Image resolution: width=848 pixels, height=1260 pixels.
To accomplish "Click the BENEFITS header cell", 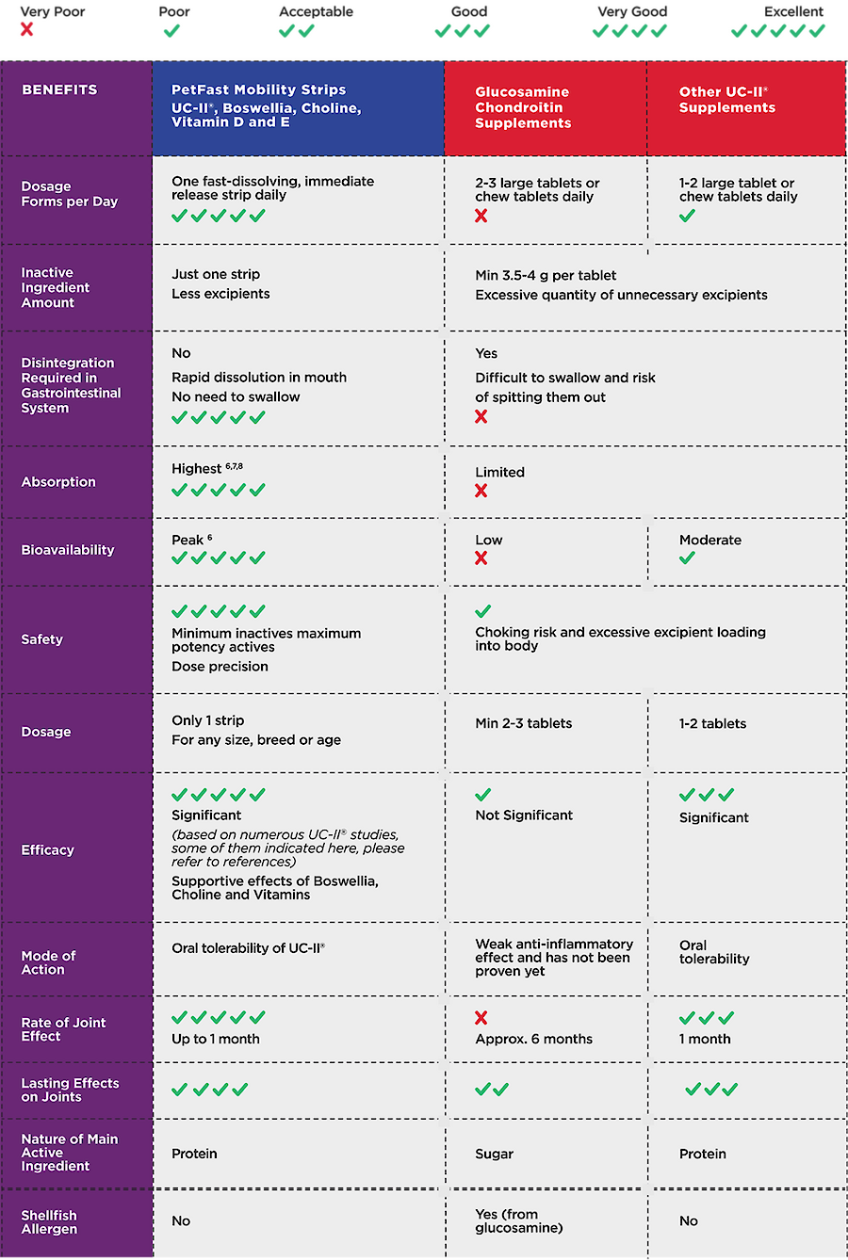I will coord(59,90).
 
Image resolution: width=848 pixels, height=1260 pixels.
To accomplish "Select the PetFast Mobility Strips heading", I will coord(258,90).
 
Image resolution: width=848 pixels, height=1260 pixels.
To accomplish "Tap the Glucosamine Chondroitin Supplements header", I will coord(523,107).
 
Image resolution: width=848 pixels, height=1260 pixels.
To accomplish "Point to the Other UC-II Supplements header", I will coord(726,100).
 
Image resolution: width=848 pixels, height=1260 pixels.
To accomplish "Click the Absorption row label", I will coord(58,482).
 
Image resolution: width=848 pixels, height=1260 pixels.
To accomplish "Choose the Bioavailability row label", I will coord(68,550).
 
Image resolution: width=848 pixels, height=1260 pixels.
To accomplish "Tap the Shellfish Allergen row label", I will coord(50,1222).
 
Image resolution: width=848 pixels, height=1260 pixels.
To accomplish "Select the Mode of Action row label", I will coord(49,962).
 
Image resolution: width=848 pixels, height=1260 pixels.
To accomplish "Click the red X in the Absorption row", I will coord(481,491).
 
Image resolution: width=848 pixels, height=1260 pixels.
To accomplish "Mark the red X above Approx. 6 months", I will coord(481,1018).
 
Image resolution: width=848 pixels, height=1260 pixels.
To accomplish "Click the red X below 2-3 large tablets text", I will coord(481,217).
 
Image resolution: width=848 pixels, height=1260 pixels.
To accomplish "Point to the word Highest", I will coord(197,469).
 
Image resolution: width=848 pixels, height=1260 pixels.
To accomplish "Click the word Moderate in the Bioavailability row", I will coord(710,541).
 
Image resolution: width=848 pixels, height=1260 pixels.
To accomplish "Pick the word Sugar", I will coord(495,1155).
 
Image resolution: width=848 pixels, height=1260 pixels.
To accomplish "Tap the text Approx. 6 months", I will coord(534,1040).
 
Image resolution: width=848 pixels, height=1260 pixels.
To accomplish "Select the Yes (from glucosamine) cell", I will coord(519,1221).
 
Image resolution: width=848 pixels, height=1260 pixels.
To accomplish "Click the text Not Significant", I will coord(524,816).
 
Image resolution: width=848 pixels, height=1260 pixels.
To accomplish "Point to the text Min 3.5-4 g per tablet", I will coord(546,276).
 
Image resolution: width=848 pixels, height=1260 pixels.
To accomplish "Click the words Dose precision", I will coord(220,667).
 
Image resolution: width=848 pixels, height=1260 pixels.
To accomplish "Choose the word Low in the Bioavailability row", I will coord(489,541).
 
